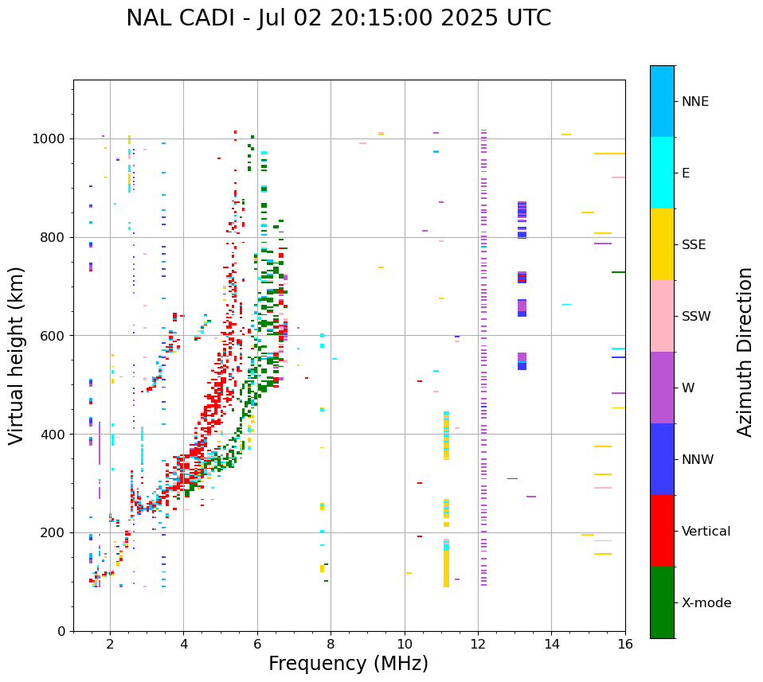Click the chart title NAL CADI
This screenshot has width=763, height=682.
pyautogui.click(x=338, y=18)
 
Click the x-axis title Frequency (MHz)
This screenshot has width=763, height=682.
pyautogui.click(x=348, y=664)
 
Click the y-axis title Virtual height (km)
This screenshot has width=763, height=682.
pyautogui.click(x=17, y=355)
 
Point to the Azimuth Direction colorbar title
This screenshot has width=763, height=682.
pyautogui.click(x=745, y=352)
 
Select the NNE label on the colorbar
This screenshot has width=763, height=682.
pyautogui.click(x=695, y=102)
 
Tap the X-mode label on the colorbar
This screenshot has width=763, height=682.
pyautogui.click(x=706, y=603)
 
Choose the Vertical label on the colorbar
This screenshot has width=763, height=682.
pyautogui.click(x=706, y=532)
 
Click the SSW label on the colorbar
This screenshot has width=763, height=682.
pyautogui.click(x=696, y=317)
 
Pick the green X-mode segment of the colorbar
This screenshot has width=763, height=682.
pyautogui.click(x=662, y=602)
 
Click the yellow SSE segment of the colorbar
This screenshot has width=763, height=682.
pyautogui.click(x=662, y=244)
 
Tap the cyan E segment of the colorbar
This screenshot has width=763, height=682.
pyautogui.click(x=662, y=173)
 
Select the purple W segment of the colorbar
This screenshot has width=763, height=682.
pyautogui.click(x=662, y=388)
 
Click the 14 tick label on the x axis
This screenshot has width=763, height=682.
pyautogui.click(x=552, y=644)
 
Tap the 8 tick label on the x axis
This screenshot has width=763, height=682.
pyautogui.click(x=331, y=644)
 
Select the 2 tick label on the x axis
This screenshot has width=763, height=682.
pyautogui.click(x=110, y=644)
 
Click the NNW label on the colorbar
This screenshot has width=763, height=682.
pyautogui.click(x=697, y=460)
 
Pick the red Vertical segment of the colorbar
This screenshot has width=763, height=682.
pyautogui.click(x=662, y=531)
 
